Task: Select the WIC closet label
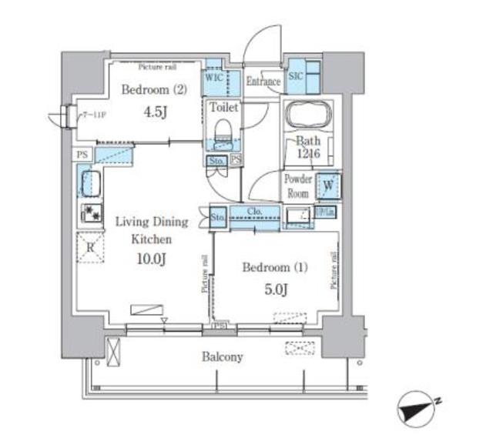click(214, 78)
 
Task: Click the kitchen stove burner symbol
click(90, 215)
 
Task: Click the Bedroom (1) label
click(274, 268)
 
